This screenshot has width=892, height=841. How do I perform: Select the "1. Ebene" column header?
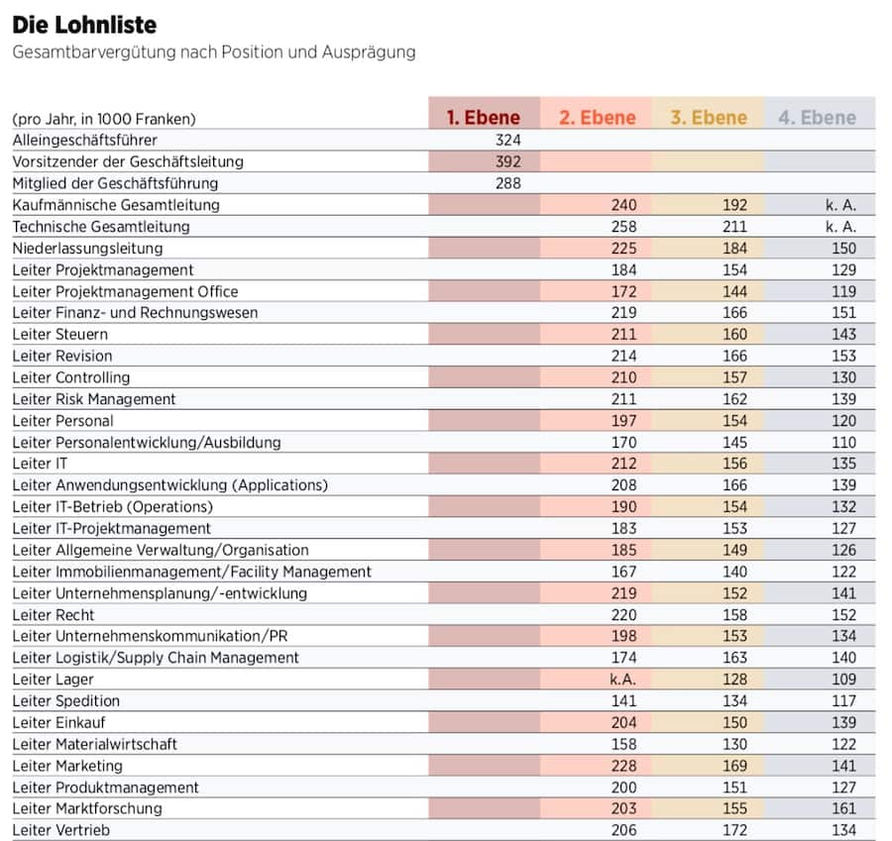click(x=483, y=118)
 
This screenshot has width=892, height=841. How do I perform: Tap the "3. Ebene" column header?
click(x=708, y=118)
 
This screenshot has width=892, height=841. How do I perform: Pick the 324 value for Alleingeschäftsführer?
click(x=507, y=141)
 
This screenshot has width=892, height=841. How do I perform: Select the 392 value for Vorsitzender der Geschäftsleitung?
click(x=507, y=161)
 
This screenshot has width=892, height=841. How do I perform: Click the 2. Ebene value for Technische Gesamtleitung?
click(x=622, y=227)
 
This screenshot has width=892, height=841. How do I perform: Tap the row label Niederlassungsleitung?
click(x=87, y=249)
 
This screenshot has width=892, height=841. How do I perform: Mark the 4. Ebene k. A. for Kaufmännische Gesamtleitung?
click(x=839, y=205)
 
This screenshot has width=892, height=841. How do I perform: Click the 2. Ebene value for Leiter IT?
click(x=622, y=464)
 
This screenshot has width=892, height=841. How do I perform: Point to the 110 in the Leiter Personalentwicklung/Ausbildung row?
click(x=842, y=442)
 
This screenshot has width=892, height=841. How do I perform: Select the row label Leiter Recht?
click(x=54, y=615)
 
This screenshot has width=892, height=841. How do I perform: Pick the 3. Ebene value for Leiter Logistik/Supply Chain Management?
click(x=733, y=658)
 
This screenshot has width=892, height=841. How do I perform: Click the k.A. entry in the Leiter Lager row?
click(x=622, y=680)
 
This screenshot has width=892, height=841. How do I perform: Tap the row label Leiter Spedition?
click(x=66, y=701)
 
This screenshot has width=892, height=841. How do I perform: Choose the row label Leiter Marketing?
click(x=67, y=766)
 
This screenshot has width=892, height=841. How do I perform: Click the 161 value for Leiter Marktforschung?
click(x=842, y=808)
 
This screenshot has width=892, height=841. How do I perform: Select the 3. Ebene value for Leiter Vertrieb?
click(x=733, y=830)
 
